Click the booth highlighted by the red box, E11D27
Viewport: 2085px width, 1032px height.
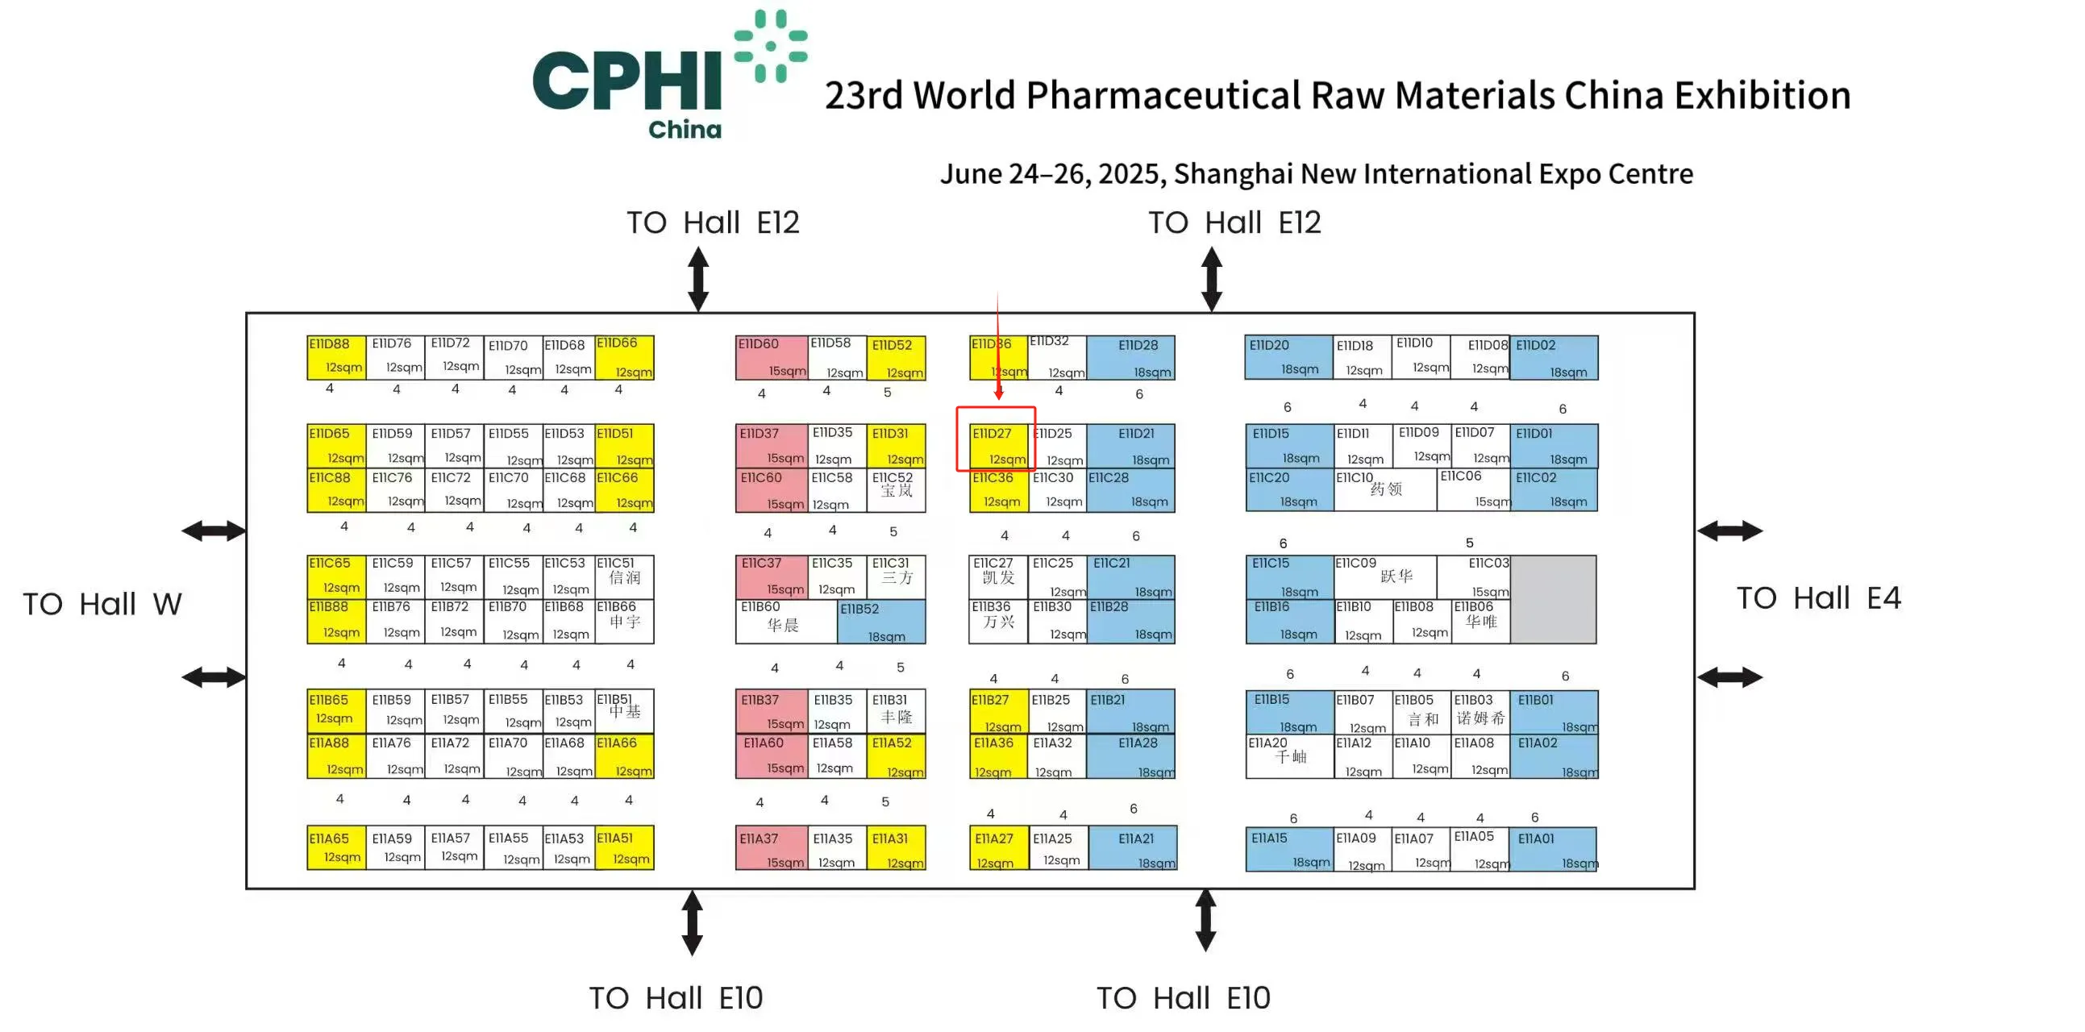998,445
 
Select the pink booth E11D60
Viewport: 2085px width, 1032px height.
771,357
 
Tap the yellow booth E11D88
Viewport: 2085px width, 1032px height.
336,357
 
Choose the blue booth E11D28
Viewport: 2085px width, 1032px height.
1130,357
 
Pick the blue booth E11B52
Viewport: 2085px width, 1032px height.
880,622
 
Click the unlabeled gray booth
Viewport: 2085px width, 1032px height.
1553,599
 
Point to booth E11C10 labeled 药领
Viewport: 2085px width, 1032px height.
1385,489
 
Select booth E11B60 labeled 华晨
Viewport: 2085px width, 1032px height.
785,622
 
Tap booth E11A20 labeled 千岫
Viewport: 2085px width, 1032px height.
1289,756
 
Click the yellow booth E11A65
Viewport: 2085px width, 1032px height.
336,847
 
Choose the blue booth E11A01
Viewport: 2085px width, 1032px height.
1553,848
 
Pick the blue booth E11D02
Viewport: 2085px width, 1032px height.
1553,357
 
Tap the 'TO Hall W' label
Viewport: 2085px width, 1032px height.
102,604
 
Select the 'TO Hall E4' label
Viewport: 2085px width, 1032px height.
1818,598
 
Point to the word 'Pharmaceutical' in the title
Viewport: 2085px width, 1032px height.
1165,95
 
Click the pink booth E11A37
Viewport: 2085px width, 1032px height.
771,847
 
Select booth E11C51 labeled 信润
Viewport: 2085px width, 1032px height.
624,576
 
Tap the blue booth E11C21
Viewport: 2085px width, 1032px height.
1130,576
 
